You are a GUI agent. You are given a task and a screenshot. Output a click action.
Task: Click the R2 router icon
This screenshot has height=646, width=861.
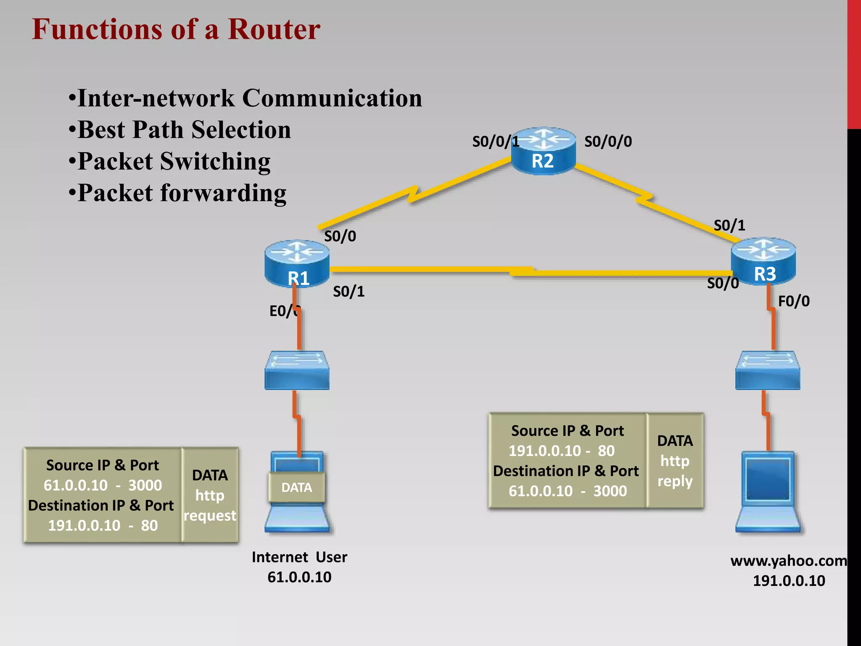[x=543, y=151]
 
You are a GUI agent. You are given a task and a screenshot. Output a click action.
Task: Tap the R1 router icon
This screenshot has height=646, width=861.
[x=297, y=263]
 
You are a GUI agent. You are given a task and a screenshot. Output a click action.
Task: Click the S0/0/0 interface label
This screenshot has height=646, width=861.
[x=608, y=142]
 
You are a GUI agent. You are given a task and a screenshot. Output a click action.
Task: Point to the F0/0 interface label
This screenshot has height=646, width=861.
[x=794, y=301]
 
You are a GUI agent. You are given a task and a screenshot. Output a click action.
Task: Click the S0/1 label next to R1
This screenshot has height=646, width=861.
[x=349, y=291]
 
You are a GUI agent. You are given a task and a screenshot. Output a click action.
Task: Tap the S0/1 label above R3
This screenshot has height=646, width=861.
[x=729, y=225]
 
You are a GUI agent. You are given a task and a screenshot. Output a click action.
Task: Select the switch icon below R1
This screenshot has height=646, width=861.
[x=297, y=370]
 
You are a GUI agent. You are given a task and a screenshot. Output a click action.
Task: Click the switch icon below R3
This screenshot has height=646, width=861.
[x=768, y=370]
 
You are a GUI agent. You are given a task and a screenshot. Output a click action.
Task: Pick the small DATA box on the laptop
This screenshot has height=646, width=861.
[x=297, y=487]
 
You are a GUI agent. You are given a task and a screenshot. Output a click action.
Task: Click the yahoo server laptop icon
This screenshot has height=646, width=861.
[x=768, y=492]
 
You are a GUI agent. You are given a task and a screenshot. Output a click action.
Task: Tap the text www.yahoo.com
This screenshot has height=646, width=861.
[x=789, y=561]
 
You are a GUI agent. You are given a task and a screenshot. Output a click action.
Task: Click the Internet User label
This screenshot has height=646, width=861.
[x=299, y=557]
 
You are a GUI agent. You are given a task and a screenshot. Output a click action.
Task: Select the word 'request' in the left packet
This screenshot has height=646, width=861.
[x=210, y=516]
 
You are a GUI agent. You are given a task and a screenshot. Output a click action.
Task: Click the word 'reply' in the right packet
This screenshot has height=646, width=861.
[x=675, y=481]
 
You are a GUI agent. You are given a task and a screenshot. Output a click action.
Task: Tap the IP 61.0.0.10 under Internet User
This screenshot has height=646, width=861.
[x=299, y=577]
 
